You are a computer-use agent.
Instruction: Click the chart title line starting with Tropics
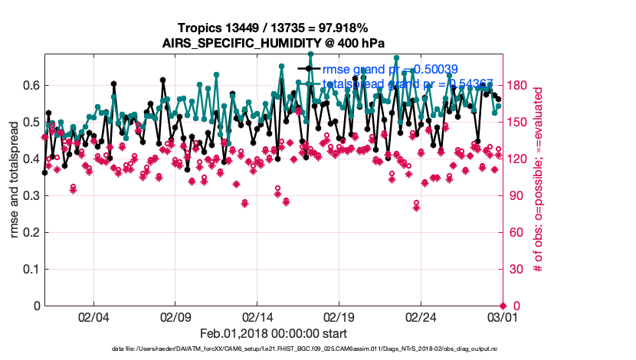pos(273,28)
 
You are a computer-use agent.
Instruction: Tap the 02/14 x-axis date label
pos(257,316)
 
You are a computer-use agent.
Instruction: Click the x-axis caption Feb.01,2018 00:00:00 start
pos(273,333)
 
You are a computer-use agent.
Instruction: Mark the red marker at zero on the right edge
pos(503,306)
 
